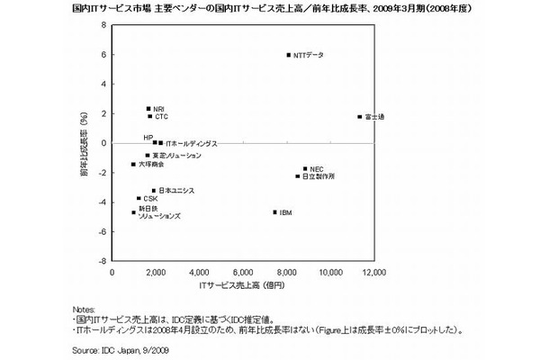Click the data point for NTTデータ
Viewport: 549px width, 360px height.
288,55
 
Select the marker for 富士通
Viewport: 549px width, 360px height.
359,117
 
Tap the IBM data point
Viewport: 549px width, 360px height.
274,212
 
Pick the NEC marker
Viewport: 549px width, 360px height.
305,168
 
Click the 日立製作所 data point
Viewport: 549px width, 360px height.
297,176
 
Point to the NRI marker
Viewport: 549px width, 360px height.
148,109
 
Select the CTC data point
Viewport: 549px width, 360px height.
149,116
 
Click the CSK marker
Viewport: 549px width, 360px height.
139,198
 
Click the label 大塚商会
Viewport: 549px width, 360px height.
153,165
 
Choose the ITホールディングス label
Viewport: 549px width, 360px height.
188,144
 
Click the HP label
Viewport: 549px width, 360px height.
148,137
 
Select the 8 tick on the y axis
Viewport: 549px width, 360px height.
103,25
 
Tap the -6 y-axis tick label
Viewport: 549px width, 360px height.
102,231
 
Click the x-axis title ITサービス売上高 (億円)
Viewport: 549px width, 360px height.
242,285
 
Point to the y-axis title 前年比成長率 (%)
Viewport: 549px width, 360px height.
82,143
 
